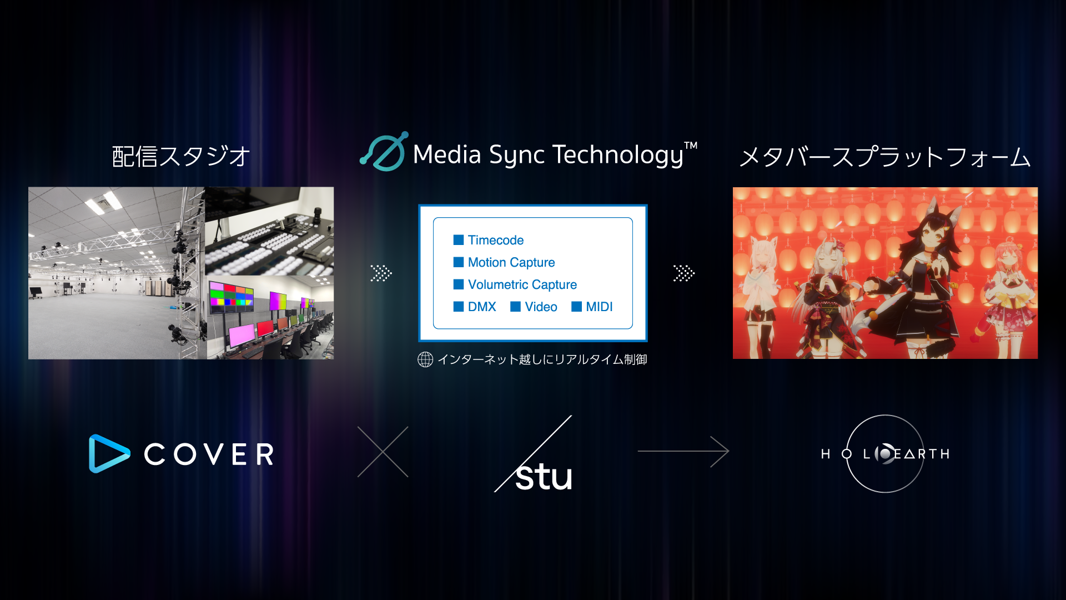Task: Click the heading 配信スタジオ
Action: pyautogui.click(x=181, y=157)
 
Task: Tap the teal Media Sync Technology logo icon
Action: pyautogui.click(x=384, y=152)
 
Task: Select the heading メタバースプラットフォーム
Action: pyautogui.click(x=885, y=157)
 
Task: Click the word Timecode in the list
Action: pyautogui.click(x=495, y=240)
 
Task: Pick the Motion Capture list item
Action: pyautogui.click(x=511, y=262)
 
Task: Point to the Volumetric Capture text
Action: pyautogui.click(x=522, y=284)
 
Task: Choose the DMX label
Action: pyautogui.click(x=481, y=307)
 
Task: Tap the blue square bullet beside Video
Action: pyautogui.click(x=515, y=307)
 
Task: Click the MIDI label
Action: pyautogui.click(x=599, y=307)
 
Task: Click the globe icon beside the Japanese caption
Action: pyautogui.click(x=425, y=359)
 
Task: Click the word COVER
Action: pyautogui.click(x=209, y=454)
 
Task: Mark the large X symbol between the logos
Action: pyautogui.click(x=383, y=452)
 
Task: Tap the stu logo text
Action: pyautogui.click(x=543, y=477)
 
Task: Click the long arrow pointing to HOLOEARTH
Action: pyautogui.click(x=683, y=451)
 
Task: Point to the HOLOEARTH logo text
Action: pyautogui.click(x=885, y=454)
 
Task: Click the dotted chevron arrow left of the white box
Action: pyautogui.click(x=381, y=273)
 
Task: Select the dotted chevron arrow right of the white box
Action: pyautogui.click(x=683, y=273)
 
